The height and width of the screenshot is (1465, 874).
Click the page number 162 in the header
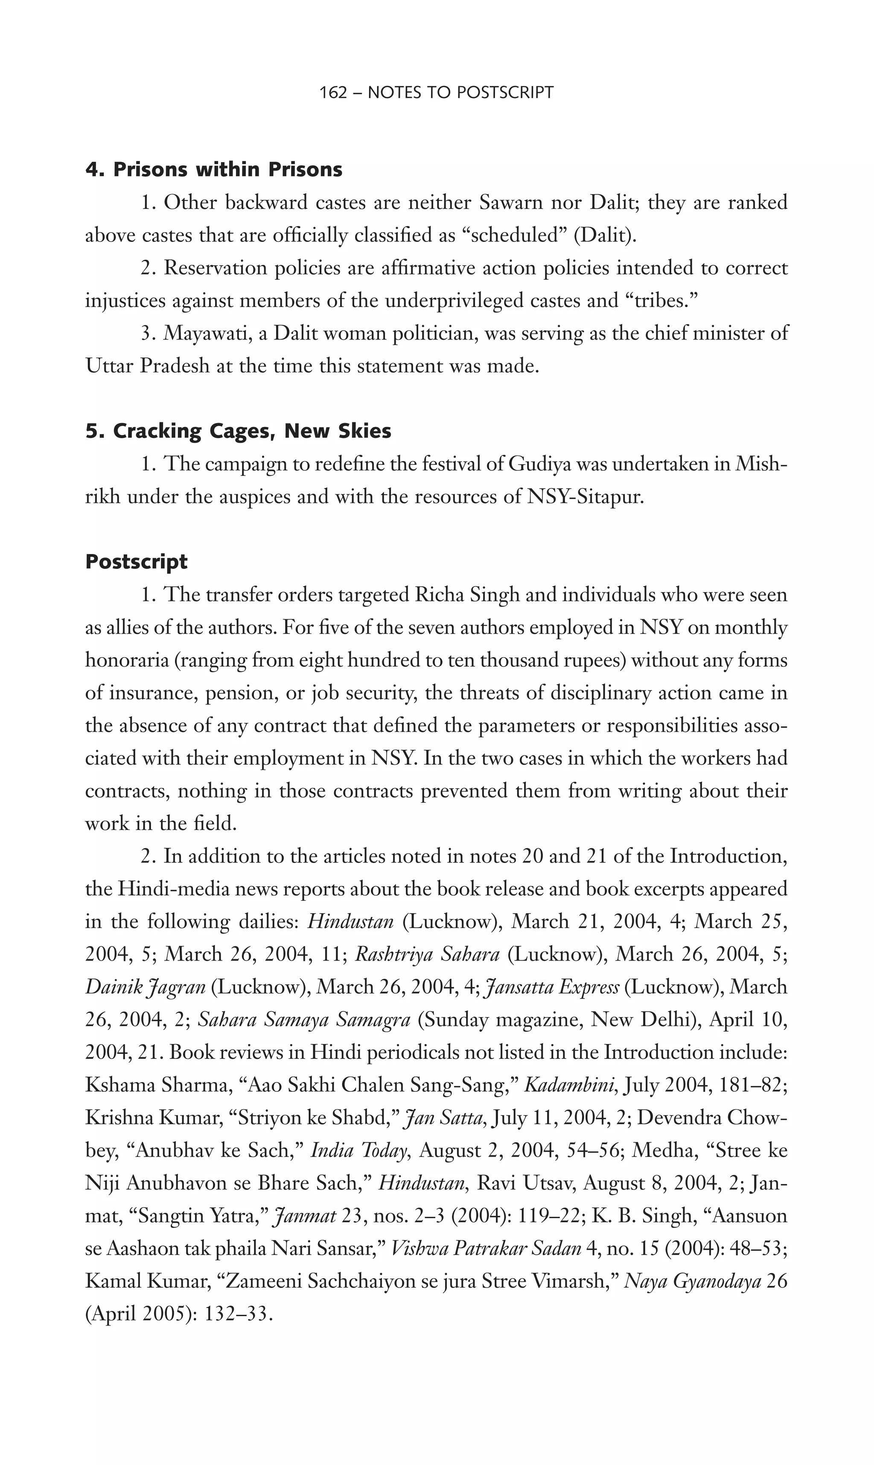333,93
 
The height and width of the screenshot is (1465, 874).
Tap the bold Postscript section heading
136,562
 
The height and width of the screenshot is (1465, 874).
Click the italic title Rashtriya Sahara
428,954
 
